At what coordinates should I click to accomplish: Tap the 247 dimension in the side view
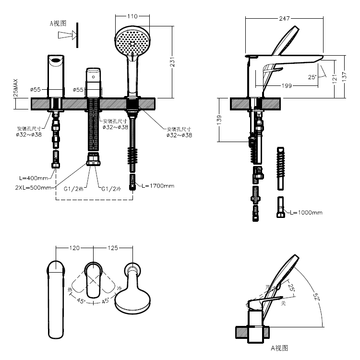pyautogui.click(x=284, y=18)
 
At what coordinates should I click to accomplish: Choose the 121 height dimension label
pyautogui.click(x=334, y=75)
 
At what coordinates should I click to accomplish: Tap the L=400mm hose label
pyautogui.click(x=36, y=179)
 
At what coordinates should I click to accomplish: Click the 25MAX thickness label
pyautogui.click(x=15, y=88)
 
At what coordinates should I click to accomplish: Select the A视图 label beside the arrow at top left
pyautogui.click(x=58, y=23)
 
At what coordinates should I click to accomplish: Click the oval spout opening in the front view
pyautogui.click(x=56, y=60)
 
